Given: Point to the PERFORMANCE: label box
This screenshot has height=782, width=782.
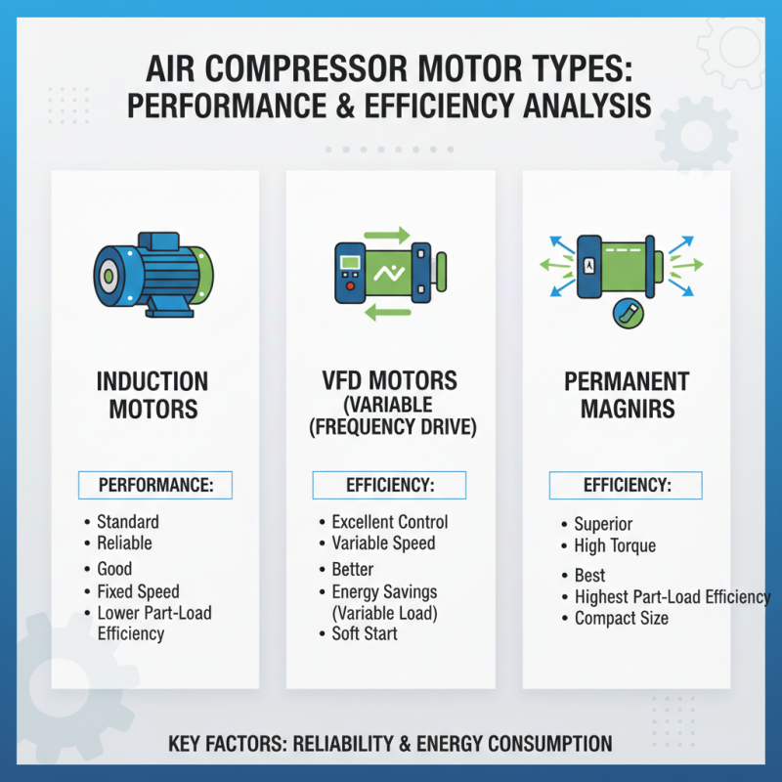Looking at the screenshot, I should [156, 485].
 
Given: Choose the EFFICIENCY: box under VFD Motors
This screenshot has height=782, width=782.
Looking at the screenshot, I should [389, 485].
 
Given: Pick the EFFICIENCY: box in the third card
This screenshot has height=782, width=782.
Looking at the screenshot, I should [626, 485].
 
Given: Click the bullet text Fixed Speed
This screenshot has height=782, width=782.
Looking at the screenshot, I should [137, 591].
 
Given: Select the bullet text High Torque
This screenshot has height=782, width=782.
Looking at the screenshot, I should [615, 545].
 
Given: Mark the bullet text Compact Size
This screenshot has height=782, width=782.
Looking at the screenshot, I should [622, 618].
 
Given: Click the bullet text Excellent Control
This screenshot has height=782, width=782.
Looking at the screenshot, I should [389, 522].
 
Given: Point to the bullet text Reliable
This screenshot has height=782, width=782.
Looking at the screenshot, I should [124, 543].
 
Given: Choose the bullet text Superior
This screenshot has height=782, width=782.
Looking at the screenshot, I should [603, 524].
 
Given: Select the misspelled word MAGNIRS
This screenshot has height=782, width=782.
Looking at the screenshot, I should [627, 409].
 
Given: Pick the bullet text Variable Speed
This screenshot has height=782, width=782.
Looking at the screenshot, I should [383, 543].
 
